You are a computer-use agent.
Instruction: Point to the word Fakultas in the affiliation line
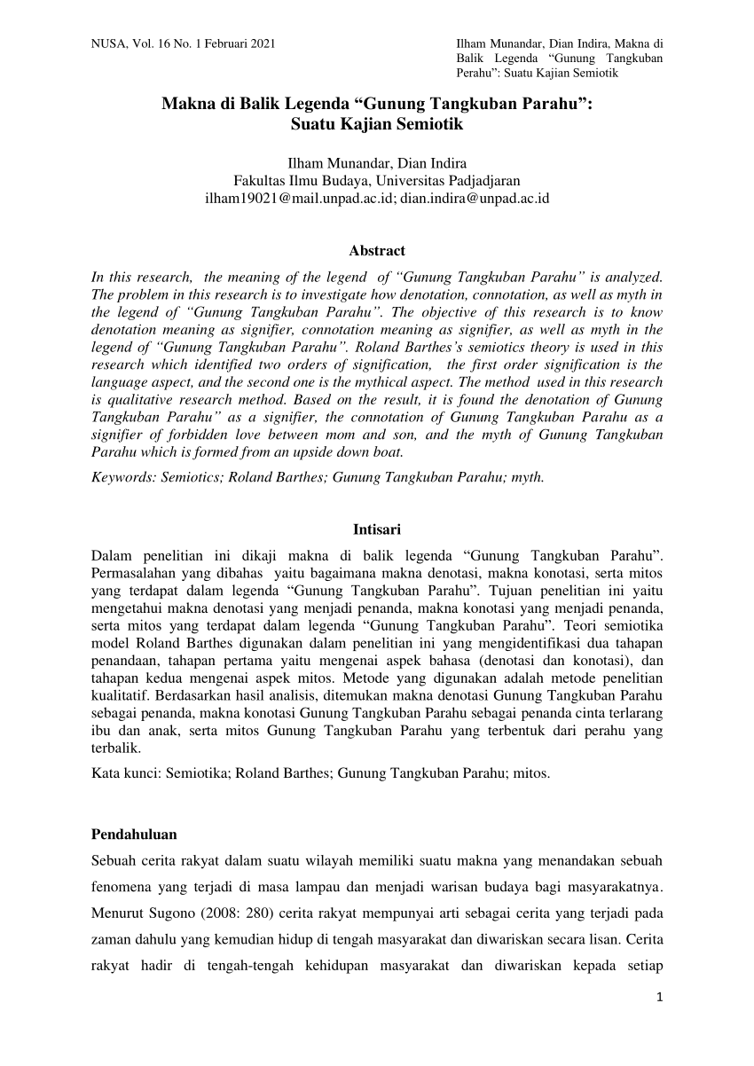tap(258, 180)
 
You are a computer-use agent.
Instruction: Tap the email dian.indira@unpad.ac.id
tap(475, 198)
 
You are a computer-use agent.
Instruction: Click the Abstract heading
tap(377, 251)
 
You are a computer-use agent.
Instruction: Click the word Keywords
tap(122, 476)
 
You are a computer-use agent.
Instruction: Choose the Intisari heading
tap(377, 529)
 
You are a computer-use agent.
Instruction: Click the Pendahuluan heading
tap(134, 835)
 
